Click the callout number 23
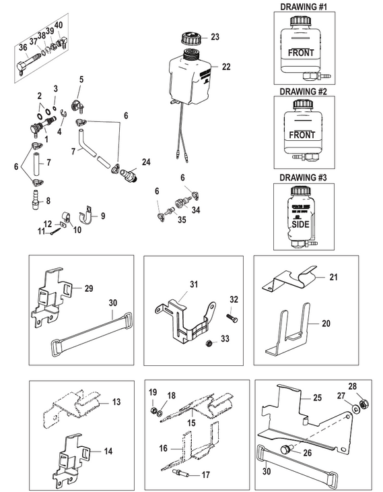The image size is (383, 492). (215, 36)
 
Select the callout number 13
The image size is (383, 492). (116, 402)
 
